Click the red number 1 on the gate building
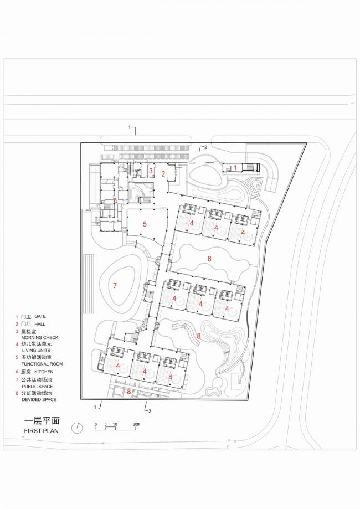click(x=235, y=167)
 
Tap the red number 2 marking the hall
click(x=163, y=174)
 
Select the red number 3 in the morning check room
click(x=151, y=171)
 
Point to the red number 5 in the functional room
click(x=145, y=224)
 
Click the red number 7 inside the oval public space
click(x=115, y=286)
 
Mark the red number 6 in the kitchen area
click(x=116, y=200)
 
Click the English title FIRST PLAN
click(x=42, y=430)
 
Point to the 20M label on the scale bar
click(x=136, y=425)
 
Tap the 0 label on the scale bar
click(x=96, y=425)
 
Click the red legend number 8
click(x=17, y=392)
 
